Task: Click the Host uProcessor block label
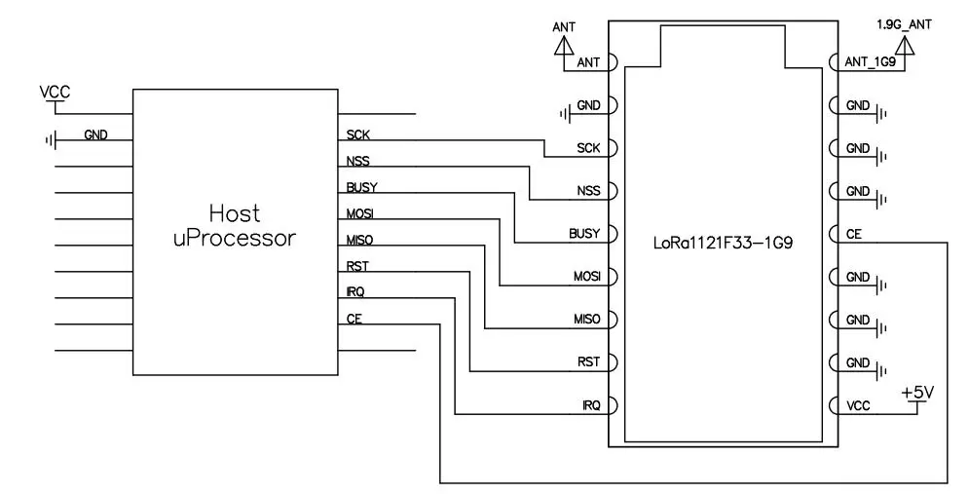tap(234, 225)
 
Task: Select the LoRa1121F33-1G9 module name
tap(721, 237)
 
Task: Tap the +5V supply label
tap(917, 392)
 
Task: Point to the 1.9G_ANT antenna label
tap(904, 23)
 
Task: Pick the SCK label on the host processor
tap(357, 134)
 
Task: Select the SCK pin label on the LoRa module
tap(588, 148)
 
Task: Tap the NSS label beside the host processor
tap(357, 161)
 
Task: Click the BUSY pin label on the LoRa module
tap(584, 234)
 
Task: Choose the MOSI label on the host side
tap(360, 213)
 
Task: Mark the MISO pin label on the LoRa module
tap(586, 320)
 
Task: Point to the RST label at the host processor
tap(357, 266)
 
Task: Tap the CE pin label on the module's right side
tap(852, 234)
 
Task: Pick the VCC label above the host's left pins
tap(55, 92)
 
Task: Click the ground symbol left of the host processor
tap(51, 140)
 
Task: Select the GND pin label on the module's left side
tap(588, 105)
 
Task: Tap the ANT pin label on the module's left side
tap(588, 63)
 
